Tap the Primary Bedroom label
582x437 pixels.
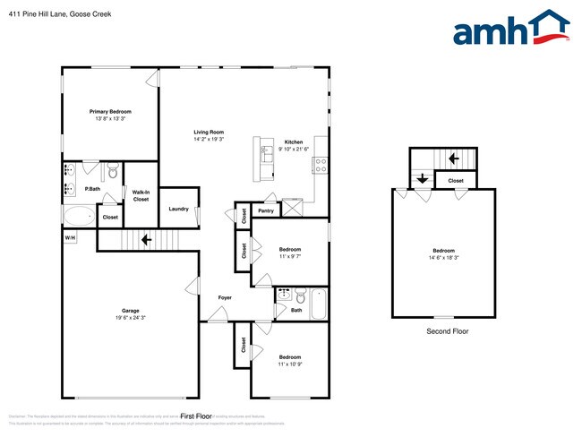point(110,111)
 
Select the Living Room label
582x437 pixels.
point(209,132)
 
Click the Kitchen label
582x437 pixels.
point(294,142)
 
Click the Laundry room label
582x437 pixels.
point(178,209)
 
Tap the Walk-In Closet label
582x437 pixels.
point(141,195)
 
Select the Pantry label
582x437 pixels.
point(265,211)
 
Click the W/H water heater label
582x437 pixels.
point(70,237)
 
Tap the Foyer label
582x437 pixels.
point(225,297)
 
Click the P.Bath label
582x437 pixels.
point(91,189)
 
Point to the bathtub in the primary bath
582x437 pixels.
point(80,216)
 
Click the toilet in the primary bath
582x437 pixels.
point(112,169)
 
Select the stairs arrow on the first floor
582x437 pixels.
point(144,239)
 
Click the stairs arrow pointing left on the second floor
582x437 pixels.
point(454,159)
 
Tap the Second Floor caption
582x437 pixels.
point(447,331)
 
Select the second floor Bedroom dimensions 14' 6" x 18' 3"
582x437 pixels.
point(444,258)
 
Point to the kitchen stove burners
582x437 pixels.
point(320,165)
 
